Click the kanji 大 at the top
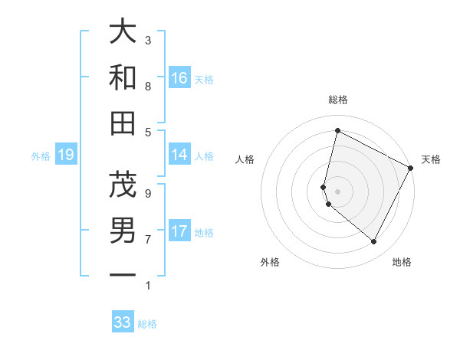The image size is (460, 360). (x=123, y=32)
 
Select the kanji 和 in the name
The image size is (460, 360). (x=123, y=77)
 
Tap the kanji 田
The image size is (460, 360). (x=123, y=123)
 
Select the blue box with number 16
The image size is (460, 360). (x=179, y=78)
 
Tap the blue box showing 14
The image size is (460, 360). (x=179, y=155)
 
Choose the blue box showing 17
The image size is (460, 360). (x=179, y=231)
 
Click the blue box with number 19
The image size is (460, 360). (x=65, y=155)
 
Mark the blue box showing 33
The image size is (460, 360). (x=123, y=322)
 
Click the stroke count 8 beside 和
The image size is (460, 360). (x=148, y=86)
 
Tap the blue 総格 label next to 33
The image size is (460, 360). (x=147, y=324)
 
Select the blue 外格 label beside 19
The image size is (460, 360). (x=41, y=156)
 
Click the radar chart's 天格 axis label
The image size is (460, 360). (x=431, y=159)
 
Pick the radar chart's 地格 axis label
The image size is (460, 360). (x=402, y=262)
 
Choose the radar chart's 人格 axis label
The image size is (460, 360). (x=245, y=159)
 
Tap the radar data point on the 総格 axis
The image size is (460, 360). (x=337, y=131)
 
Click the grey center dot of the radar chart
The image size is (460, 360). (x=337, y=190)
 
